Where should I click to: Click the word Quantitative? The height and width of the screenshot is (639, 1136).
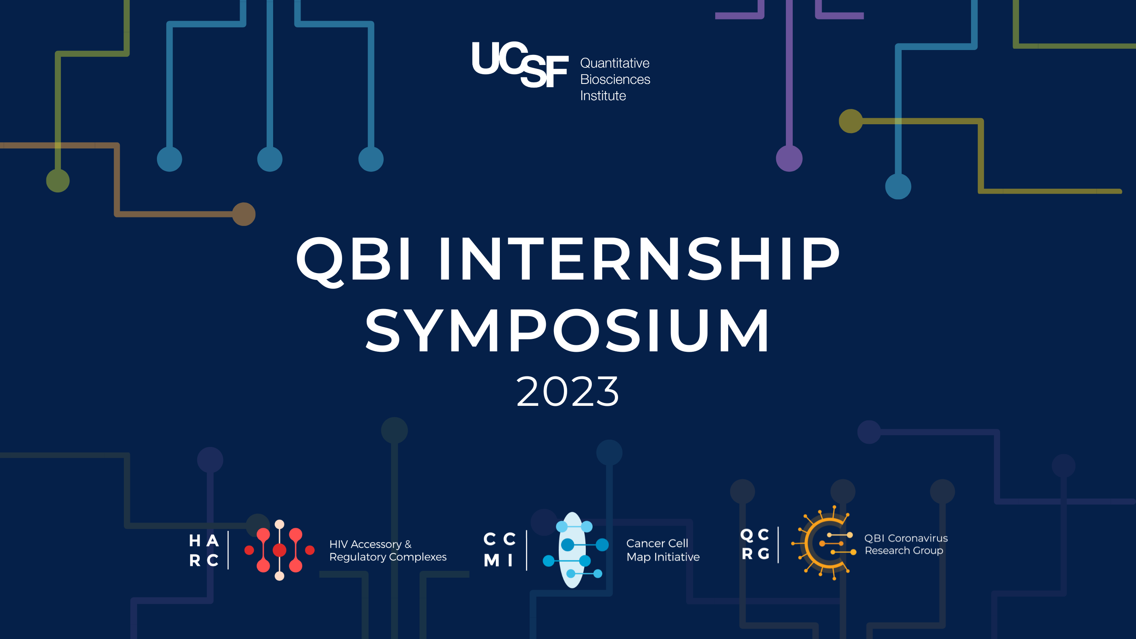tap(614, 63)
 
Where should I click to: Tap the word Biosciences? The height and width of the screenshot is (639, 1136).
tap(615, 79)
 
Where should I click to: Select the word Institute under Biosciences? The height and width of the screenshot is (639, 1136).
tap(603, 96)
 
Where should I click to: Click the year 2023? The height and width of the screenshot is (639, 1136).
tap(568, 391)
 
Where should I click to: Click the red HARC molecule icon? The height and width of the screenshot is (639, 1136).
tap(279, 550)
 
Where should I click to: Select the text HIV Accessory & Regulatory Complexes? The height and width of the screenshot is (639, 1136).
tap(388, 550)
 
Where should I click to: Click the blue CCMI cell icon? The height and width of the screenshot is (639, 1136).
tap(573, 550)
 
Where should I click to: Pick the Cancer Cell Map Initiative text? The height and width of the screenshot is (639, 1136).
tap(662, 550)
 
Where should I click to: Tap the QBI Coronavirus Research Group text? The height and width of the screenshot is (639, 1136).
tap(905, 544)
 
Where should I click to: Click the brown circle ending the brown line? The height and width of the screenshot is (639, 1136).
tap(244, 214)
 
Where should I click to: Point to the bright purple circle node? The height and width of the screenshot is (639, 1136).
tap(789, 158)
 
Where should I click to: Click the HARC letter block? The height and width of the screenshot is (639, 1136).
tap(204, 550)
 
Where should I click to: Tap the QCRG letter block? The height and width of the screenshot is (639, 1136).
tap(755, 544)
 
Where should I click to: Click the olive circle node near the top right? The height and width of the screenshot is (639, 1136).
tap(851, 121)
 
